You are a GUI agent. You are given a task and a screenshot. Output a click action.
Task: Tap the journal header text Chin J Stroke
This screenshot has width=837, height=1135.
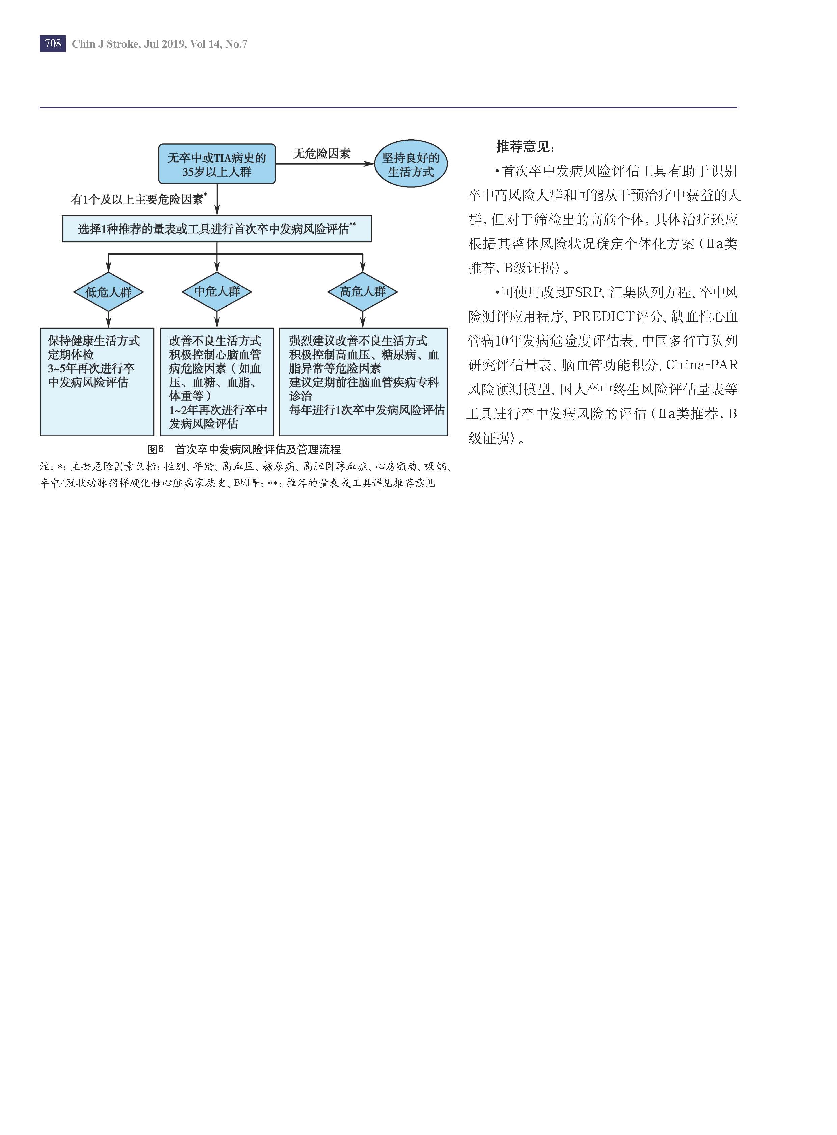[105, 44]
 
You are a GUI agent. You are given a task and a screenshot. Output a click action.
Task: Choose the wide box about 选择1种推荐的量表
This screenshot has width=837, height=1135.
[217, 229]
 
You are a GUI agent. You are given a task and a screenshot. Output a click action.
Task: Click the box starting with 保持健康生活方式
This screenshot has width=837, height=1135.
[97, 382]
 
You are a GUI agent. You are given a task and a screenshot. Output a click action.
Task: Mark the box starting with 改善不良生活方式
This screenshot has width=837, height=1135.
[217, 382]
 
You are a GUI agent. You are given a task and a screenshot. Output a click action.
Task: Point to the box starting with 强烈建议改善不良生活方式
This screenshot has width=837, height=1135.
[364, 382]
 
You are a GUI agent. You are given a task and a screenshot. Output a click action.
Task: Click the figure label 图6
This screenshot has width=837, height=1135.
[156, 450]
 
